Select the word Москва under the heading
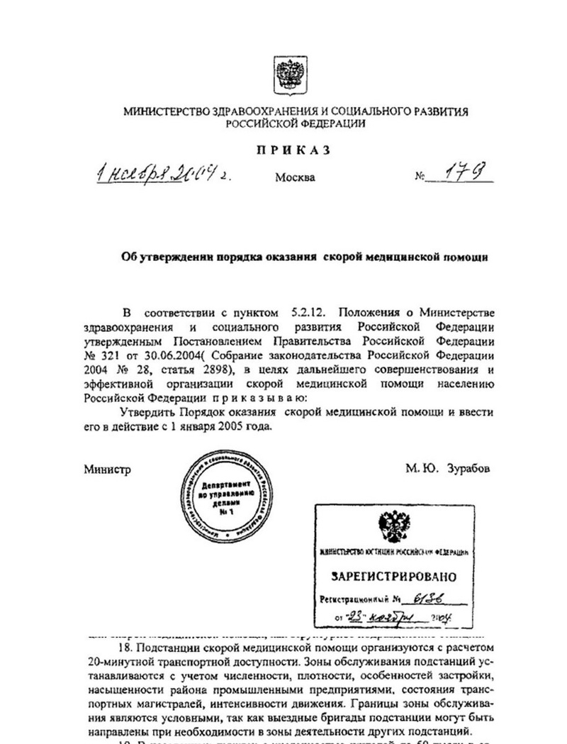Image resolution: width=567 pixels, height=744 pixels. coord(295,177)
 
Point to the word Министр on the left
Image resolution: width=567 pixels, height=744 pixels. coord(108,469)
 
